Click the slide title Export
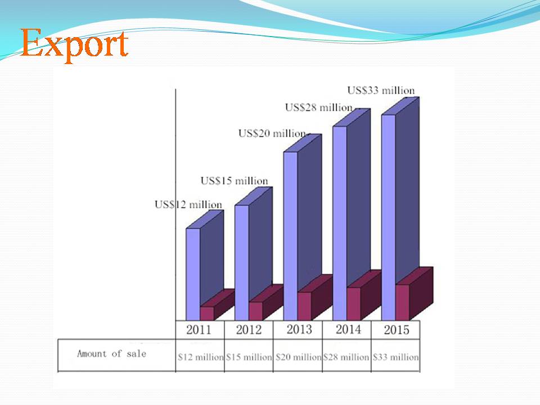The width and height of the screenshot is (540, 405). (74, 44)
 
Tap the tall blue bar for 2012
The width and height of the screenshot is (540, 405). (254, 254)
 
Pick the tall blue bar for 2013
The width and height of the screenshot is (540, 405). (303, 227)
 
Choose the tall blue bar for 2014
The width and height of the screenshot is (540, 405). (351, 214)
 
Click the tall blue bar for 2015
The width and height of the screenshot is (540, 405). (400, 209)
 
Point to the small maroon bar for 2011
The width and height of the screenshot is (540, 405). (217, 305)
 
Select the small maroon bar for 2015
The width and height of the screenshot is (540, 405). (414, 294)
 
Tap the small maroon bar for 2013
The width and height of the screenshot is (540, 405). (315, 298)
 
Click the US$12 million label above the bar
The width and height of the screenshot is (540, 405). (188, 205)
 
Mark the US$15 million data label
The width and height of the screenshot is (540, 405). (234, 181)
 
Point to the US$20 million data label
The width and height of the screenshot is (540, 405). (272, 133)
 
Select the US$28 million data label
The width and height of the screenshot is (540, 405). (318, 108)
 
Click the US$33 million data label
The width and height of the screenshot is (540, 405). (381, 91)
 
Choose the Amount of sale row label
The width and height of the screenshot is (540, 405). (111, 354)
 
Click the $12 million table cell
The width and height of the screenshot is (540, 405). (200, 357)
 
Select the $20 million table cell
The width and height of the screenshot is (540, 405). (298, 357)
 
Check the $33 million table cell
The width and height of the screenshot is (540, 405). (395, 357)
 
